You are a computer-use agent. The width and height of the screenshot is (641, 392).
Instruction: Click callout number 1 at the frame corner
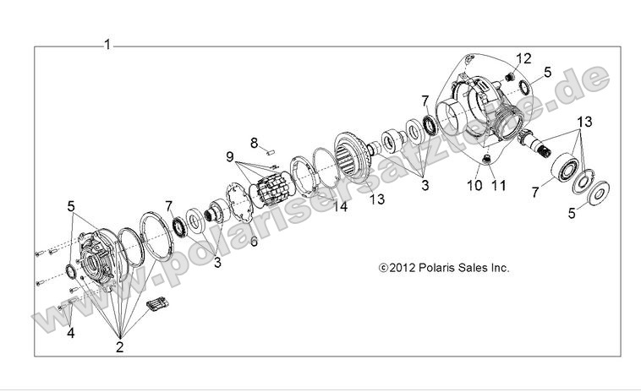tap(107, 44)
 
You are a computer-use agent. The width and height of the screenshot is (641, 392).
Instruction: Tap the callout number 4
tap(70, 333)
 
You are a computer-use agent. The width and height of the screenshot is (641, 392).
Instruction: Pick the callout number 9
tap(228, 156)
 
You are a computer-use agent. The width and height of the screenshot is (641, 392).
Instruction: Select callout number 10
tap(472, 184)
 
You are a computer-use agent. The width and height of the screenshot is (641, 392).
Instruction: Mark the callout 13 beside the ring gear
tap(375, 199)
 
